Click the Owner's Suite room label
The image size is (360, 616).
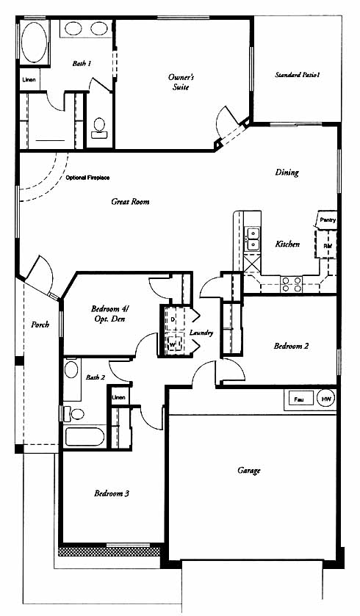[x=181, y=81]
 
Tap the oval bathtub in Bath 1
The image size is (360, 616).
[x=35, y=42]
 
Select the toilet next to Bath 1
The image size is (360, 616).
[x=99, y=128]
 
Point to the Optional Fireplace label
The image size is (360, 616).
[x=87, y=178]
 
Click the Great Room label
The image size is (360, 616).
[x=130, y=201]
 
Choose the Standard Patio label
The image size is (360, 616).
[x=297, y=74]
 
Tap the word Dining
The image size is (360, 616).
[x=287, y=172]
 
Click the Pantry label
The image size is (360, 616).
[x=328, y=220]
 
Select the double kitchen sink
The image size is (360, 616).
[x=252, y=239]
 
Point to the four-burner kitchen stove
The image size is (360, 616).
[x=292, y=284]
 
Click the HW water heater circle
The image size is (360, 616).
[x=326, y=399]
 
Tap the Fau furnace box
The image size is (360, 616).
[x=299, y=399]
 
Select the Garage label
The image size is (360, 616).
[x=249, y=470]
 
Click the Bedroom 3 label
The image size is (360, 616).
[x=112, y=493]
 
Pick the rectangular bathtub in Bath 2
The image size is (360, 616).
[x=85, y=436]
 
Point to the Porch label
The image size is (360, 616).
[x=40, y=325]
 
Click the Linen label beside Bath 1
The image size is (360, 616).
[x=29, y=80]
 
